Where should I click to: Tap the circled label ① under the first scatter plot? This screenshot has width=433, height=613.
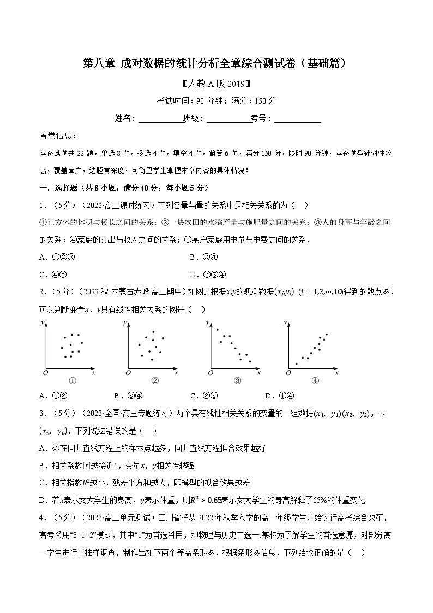click(71, 381)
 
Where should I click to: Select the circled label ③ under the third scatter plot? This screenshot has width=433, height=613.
click(237, 381)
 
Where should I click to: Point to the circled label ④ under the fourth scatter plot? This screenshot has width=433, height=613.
click(315, 381)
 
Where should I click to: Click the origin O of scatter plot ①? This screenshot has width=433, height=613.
click(46, 372)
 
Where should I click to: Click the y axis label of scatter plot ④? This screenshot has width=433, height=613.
click(285, 323)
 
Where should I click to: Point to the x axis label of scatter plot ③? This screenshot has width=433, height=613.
click(258, 372)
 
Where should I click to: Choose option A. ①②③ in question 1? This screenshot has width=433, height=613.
click(57, 258)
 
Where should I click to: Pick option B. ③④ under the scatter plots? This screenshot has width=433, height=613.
click(129, 396)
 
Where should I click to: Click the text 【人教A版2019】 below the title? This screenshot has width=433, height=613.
click(216, 84)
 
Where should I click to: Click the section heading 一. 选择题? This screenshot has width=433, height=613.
click(60, 187)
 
